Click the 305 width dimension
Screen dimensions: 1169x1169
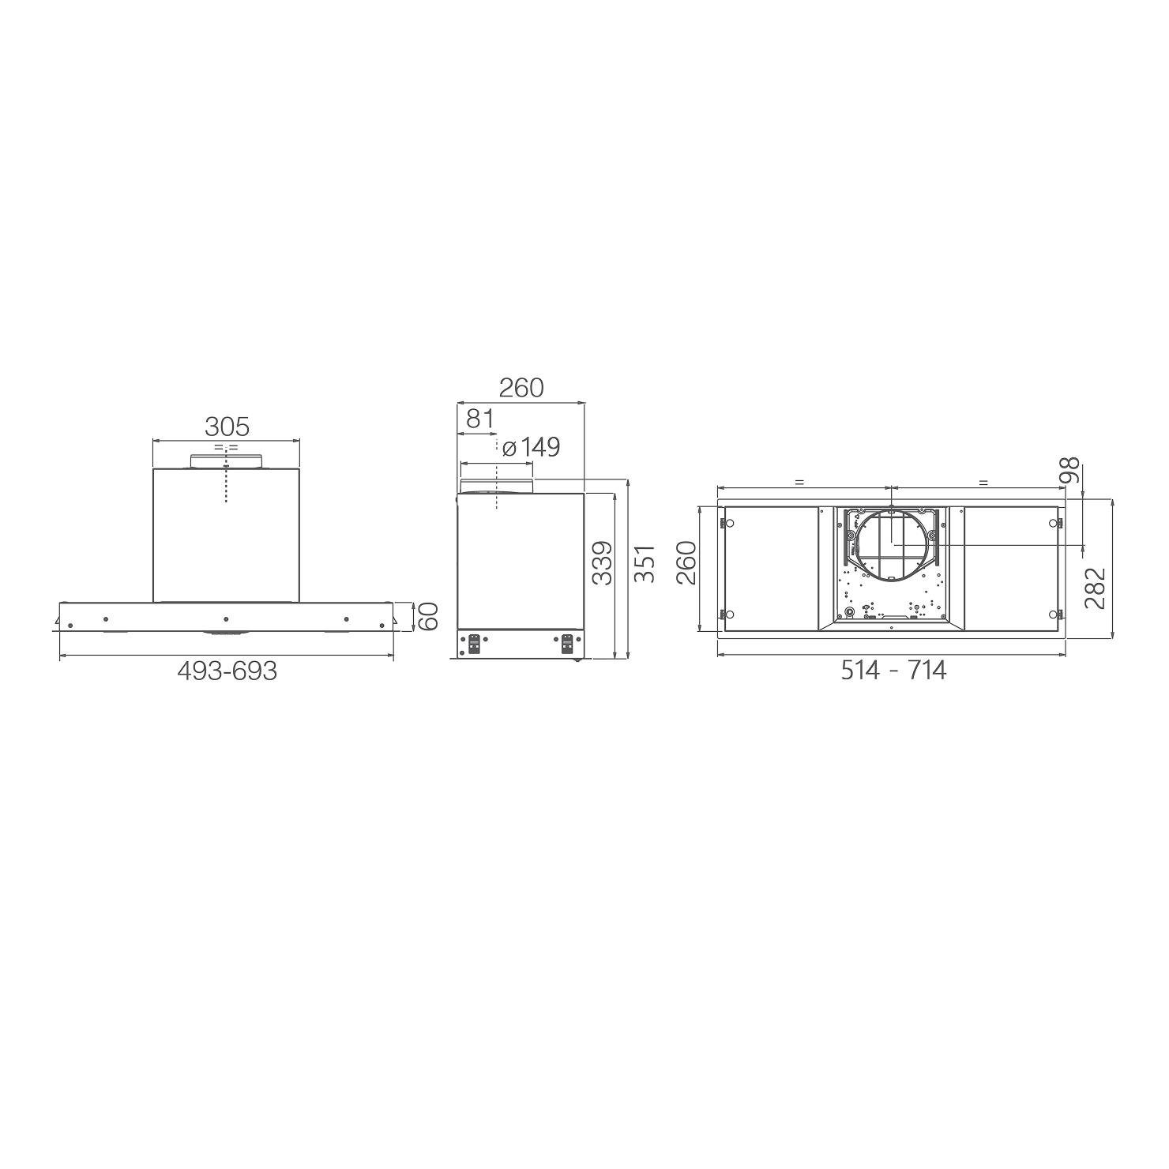point(227,427)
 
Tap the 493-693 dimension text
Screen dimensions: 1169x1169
point(227,671)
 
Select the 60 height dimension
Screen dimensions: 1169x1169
point(427,616)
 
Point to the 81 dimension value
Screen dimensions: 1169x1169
point(479,418)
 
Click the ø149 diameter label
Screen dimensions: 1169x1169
point(531,447)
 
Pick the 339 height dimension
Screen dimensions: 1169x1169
point(602,562)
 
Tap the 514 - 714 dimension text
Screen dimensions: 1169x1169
point(893,671)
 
